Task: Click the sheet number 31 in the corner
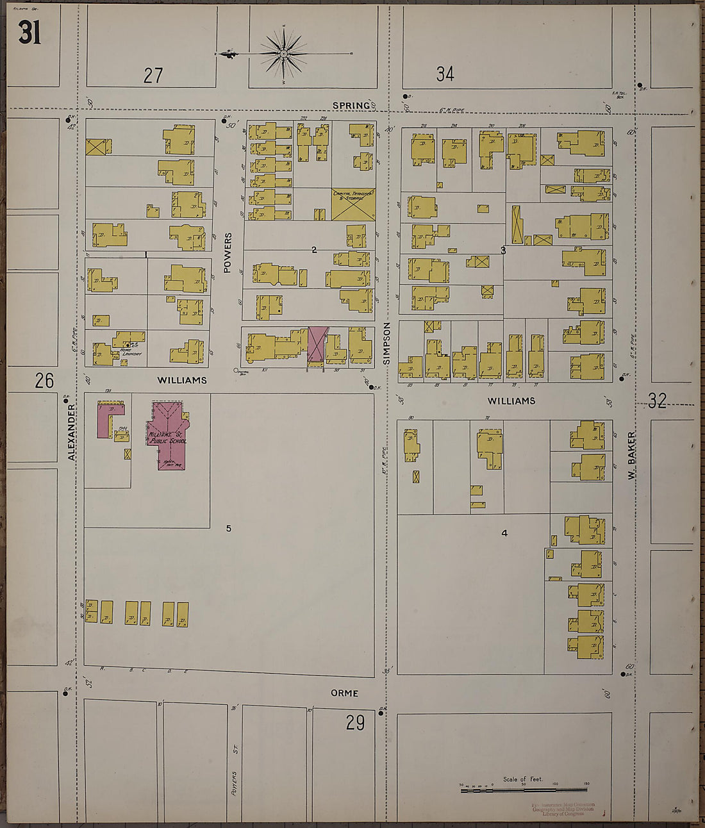29,33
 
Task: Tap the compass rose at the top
283,54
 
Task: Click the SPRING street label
351,105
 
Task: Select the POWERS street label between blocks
228,253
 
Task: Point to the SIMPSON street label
387,343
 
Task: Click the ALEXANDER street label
72,436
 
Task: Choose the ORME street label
344,693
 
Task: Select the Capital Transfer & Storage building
353,204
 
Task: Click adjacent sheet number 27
153,76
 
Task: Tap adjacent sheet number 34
445,74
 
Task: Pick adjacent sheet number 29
355,723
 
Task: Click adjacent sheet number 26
44,381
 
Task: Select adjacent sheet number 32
658,401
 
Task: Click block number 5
228,529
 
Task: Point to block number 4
504,533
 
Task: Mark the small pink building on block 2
317,343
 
